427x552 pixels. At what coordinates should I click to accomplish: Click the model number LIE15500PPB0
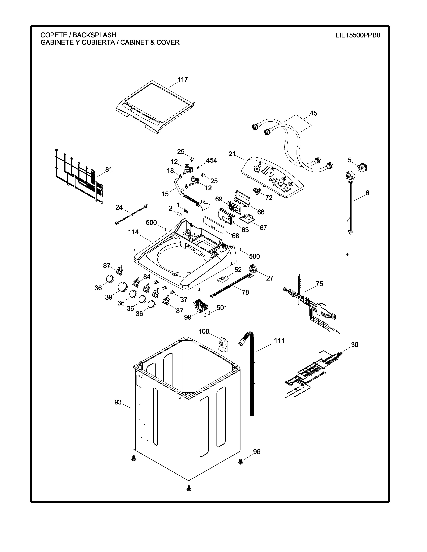358,35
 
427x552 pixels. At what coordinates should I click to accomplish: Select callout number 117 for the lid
182,80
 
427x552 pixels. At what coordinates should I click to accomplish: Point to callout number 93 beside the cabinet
118,402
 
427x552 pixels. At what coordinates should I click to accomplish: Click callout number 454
211,160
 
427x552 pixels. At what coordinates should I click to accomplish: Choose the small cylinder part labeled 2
179,214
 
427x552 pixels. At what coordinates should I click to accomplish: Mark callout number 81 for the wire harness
109,170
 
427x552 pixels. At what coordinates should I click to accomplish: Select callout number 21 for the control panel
232,154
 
